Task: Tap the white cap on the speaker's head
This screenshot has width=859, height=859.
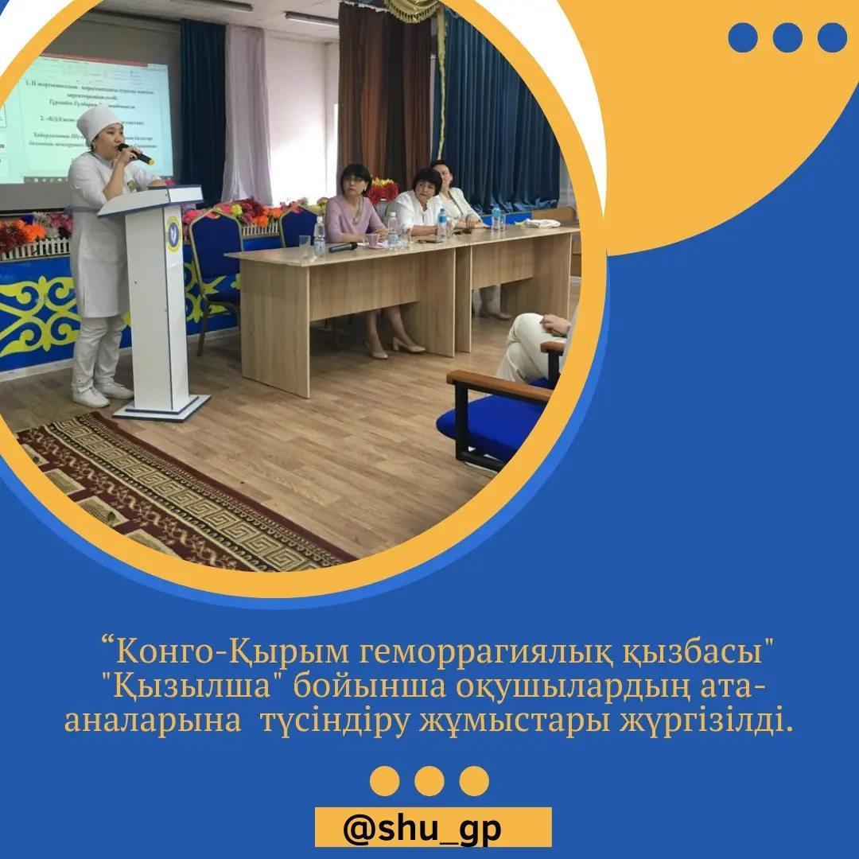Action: pos(99,123)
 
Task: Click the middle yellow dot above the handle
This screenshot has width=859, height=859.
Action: pos(429,781)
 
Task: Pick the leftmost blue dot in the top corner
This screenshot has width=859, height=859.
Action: pos(743,37)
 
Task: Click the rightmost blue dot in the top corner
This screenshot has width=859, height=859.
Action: pos(832,37)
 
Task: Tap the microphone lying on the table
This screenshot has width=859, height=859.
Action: pos(342,247)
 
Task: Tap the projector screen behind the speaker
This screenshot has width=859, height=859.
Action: pos(87,119)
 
